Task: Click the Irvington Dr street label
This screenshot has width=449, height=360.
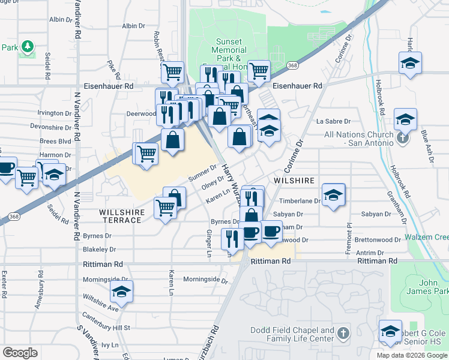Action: (55, 113)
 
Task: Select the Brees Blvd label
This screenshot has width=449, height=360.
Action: (56, 141)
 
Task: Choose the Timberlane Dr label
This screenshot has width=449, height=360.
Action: (303, 202)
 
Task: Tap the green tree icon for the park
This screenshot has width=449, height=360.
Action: (27, 46)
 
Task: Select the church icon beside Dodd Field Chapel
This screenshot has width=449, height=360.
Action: (343, 333)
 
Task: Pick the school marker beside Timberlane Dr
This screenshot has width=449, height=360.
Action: (333, 194)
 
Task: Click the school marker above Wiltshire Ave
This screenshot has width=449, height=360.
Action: (122, 292)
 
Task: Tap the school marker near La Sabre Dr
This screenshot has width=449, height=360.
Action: (269, 128)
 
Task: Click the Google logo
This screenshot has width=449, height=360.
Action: (20, 353)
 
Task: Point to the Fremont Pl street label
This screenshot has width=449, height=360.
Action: (348, 238)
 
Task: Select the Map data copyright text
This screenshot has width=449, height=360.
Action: (412, 355)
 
